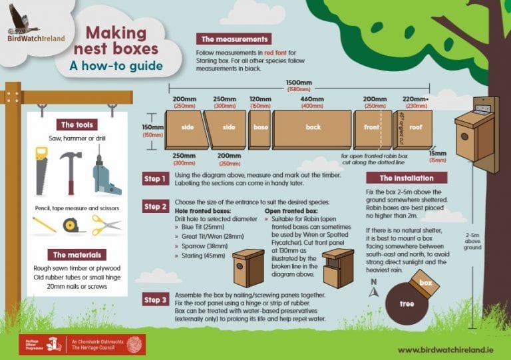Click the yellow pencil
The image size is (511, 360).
45,225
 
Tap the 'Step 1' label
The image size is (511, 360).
156,178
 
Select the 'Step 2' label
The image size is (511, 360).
156,206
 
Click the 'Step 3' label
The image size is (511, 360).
156,299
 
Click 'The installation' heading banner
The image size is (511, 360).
406,178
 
